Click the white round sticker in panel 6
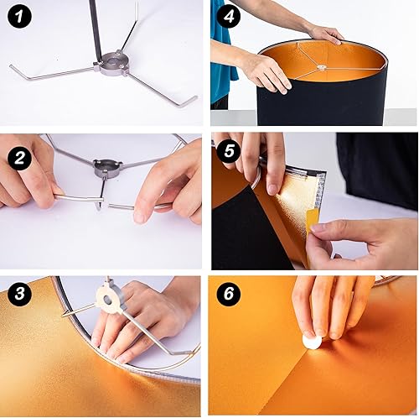[x=312, y=342]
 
